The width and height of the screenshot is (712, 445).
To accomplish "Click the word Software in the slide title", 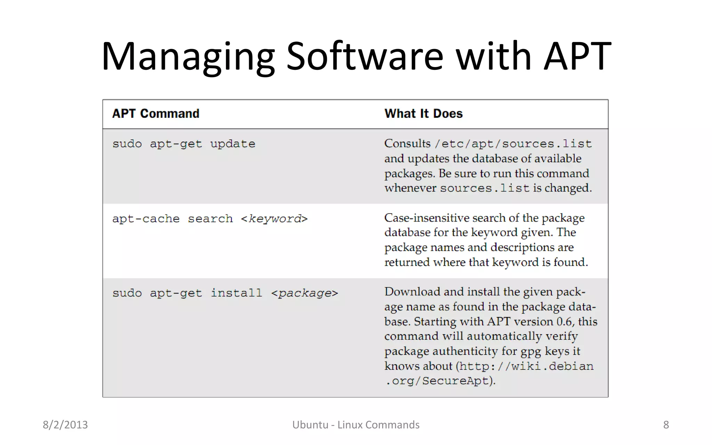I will (x=365, y=56).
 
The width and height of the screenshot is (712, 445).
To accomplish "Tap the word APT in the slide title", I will (x=577, y=56).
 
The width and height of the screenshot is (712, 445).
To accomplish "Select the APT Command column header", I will (x=156, y=114).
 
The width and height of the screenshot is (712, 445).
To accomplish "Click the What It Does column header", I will (x=423, y=114).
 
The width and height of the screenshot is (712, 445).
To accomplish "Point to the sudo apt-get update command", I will (x=184, y=144).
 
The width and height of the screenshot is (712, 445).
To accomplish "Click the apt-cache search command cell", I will (x=210, y=219).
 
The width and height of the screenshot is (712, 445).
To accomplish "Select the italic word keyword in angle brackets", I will (x=275, y=219).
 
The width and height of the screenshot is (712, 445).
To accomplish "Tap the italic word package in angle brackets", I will (x=305, y=293).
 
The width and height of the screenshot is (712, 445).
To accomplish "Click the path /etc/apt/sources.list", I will (x=513, y=144).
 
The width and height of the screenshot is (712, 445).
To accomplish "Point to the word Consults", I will (x=407, y=143).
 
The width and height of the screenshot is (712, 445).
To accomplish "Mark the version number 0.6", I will (x=564, y=322).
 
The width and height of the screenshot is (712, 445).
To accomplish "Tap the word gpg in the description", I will (x=531, y=352).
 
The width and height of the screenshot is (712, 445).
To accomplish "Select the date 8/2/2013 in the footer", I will (x=65, y=425).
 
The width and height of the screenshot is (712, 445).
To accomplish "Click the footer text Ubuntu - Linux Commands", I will (x=356, y=425).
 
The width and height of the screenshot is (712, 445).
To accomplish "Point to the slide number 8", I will (x=666, y=425).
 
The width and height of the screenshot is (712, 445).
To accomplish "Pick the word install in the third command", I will (x=236, y=293).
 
